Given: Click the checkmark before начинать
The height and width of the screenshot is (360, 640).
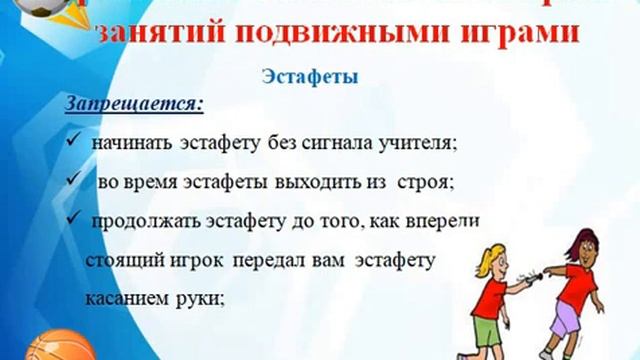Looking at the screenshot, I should (x=74, y=141).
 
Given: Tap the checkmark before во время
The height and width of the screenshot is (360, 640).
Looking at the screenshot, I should (x=74, y=181).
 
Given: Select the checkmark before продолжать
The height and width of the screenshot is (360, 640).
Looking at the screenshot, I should (x=74, y=219).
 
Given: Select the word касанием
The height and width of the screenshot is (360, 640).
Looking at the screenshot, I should (x=126, y=298).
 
